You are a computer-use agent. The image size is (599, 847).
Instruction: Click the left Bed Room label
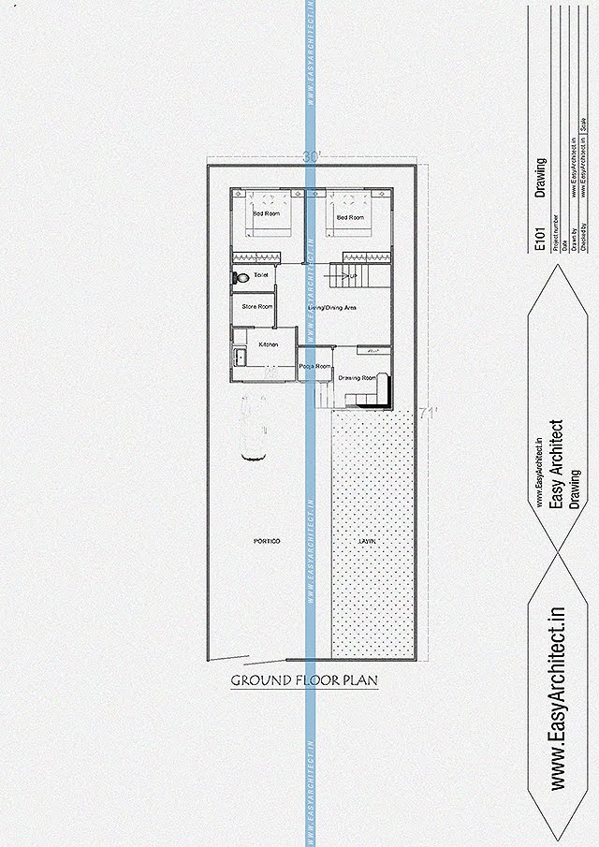click(266, 214)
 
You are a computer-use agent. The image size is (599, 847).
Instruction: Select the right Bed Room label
click(350, 217)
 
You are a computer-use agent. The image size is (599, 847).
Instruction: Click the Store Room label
click(257, 306)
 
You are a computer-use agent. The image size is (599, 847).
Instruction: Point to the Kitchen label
click(269, 344)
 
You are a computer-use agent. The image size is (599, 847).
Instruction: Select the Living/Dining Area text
click(332, 307)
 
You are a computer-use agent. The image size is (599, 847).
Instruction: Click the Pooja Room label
click(315, 366)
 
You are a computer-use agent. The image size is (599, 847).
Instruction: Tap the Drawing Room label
click(357, 377)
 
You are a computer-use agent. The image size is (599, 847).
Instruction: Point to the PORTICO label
click(267, 541)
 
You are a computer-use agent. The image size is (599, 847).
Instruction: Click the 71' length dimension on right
click(429, 411)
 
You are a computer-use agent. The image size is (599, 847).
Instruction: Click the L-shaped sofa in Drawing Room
click(368, 400)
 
